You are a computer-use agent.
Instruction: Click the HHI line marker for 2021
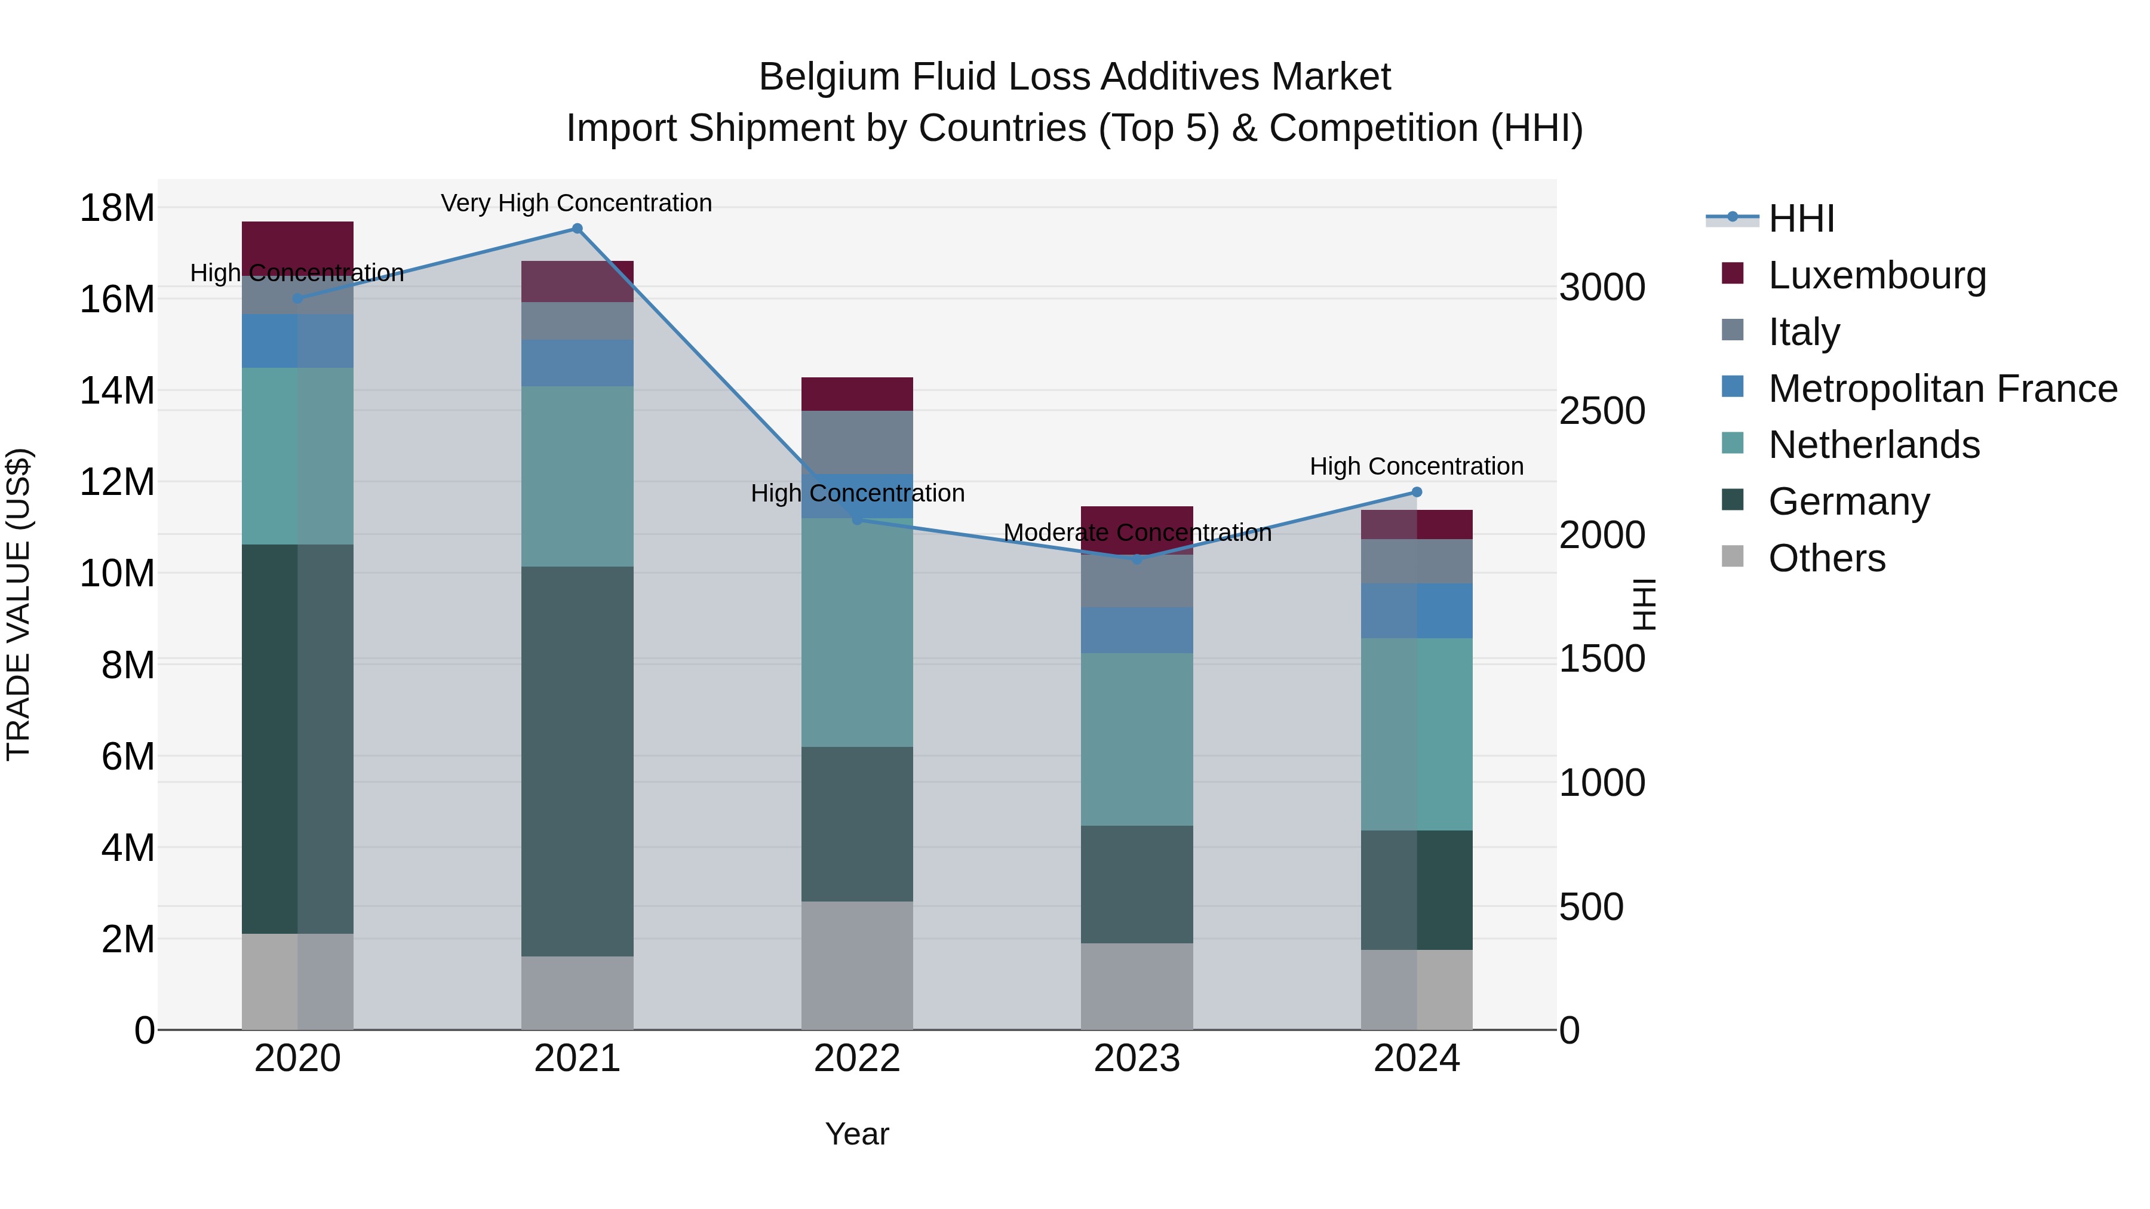[577, 229]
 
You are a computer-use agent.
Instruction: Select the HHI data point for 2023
[1137, 559]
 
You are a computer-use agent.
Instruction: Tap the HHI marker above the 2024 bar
[1417, 493]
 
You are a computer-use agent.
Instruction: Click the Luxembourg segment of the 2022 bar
[857, 394]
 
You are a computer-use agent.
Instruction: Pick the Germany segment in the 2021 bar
[577, 761]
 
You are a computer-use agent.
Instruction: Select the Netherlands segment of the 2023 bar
[1137, 739]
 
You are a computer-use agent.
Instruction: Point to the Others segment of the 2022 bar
[857, 965]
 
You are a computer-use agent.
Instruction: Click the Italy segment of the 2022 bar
[857, 442]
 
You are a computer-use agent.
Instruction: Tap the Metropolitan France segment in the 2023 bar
[1137, 630]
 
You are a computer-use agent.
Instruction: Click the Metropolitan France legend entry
[1942, 389]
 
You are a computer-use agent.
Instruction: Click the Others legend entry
[1826, 558]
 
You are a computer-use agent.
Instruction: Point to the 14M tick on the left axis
[117, 390]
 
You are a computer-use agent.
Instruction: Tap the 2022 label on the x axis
[857, 1059]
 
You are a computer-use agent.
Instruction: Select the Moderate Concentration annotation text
[1137, 533]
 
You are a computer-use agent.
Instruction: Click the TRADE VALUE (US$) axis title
[19, 604]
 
